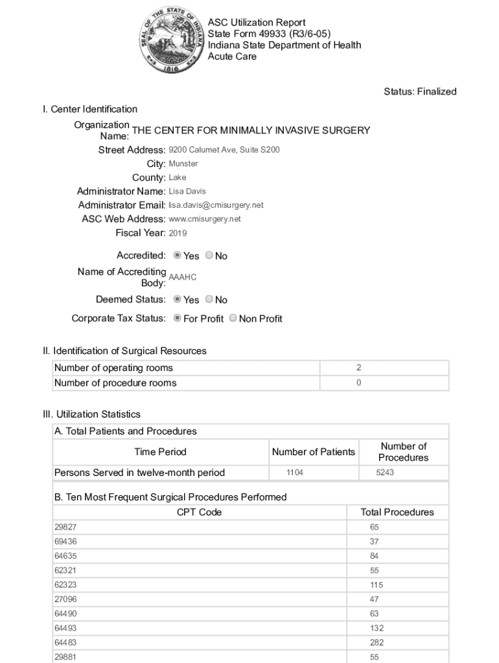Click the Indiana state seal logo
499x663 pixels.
[x=170, y=39]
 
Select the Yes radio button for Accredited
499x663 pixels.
[x=178, y=256]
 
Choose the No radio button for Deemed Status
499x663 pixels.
[x=209, y=299]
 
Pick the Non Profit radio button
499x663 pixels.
[x=233, y=319]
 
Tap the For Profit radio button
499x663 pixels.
[x=178, y=319]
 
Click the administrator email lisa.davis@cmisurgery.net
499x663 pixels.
[x=216, y=205]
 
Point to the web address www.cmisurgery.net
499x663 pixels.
[x=204, y=219]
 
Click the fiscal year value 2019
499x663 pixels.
[x=178, y=233]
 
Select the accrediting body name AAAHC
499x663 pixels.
[x=182, y=277]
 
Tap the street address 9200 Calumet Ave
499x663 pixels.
[x=224, y=150]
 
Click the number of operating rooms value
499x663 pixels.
[x=358, y=368]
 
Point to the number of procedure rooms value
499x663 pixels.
[x=358, y=383]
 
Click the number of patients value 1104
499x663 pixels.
[x=295, y=473]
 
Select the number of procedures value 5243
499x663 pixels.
[x=385, y=473]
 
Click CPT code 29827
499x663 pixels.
[x=65, y=527]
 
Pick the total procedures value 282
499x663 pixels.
[x=377, y=642]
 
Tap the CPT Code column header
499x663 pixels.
[x=199, y=512]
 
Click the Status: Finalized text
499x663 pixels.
[x=420, y=92]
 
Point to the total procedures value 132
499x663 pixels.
[x=377, y=628]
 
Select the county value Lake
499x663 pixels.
[x=178, y=177]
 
